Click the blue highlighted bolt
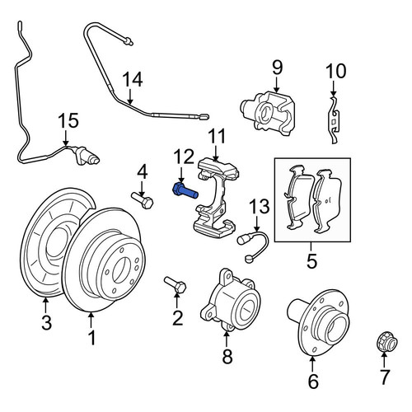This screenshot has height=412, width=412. coord(185,191)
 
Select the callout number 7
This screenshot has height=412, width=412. coord(384,377)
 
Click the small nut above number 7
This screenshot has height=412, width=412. coord(386,342)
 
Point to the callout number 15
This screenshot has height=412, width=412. coord(69,121)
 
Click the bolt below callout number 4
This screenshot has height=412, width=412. coord(142,200)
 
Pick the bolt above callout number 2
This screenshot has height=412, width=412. coord(176,285)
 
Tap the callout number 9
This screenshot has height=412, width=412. coord(277,68)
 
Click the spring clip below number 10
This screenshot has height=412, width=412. coord(334,119)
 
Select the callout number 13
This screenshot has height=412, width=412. coord(260,207)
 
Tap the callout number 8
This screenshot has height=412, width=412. coord(227,356)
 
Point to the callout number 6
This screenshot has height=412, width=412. coord(313,381)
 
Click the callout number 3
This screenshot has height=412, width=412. coord(46,323)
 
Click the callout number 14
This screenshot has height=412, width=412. coord(133,80)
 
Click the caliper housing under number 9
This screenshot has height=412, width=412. coord(268,114)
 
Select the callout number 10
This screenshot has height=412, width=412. coord(335,71)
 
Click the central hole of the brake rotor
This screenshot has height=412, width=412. coord(121,269)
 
